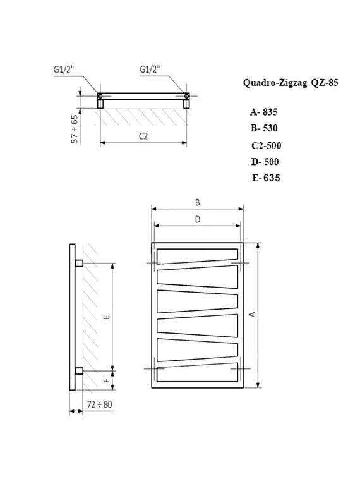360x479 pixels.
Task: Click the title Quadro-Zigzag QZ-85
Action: (x=286, y=82)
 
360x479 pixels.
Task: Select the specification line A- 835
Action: (x=264, y=112)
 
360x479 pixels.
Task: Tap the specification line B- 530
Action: (x=264, y=128)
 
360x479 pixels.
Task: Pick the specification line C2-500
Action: (x=265, y=145)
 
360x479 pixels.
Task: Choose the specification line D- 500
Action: (x=265, y=161)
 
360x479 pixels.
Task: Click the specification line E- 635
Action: (x=266, y=178)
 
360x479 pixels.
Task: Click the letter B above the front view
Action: (x=197, y=202)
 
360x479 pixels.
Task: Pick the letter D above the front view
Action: (x=197, y=219)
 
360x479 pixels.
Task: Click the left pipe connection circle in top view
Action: (x=99, y=96)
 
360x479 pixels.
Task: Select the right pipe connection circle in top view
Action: (x=187, y=96)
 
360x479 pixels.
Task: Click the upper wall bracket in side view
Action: (x=79, y=262)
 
